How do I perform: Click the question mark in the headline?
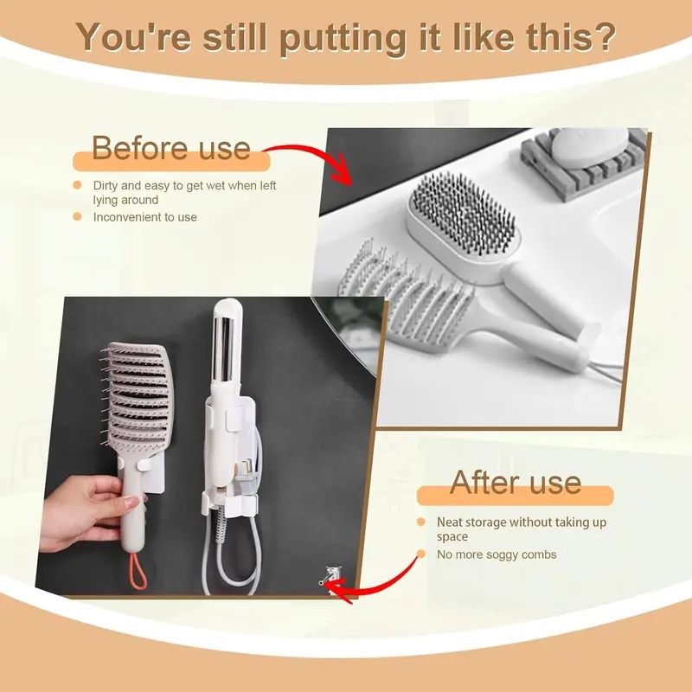tap(603, 36)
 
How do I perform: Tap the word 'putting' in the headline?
tap(343, 39)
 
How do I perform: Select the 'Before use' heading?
tap(171, 148)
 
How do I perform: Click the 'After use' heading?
tap(516, 483)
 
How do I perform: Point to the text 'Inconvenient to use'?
tap(144, 217)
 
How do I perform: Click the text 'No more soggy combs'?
tap(497, 554)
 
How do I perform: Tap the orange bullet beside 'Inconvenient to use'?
tap(77, 216)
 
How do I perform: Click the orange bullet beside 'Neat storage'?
tap(421, 522)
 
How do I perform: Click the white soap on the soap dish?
tap(590, 148)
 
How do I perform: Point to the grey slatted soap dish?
tap(583, 164)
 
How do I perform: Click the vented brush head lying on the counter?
tap(406, 297)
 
